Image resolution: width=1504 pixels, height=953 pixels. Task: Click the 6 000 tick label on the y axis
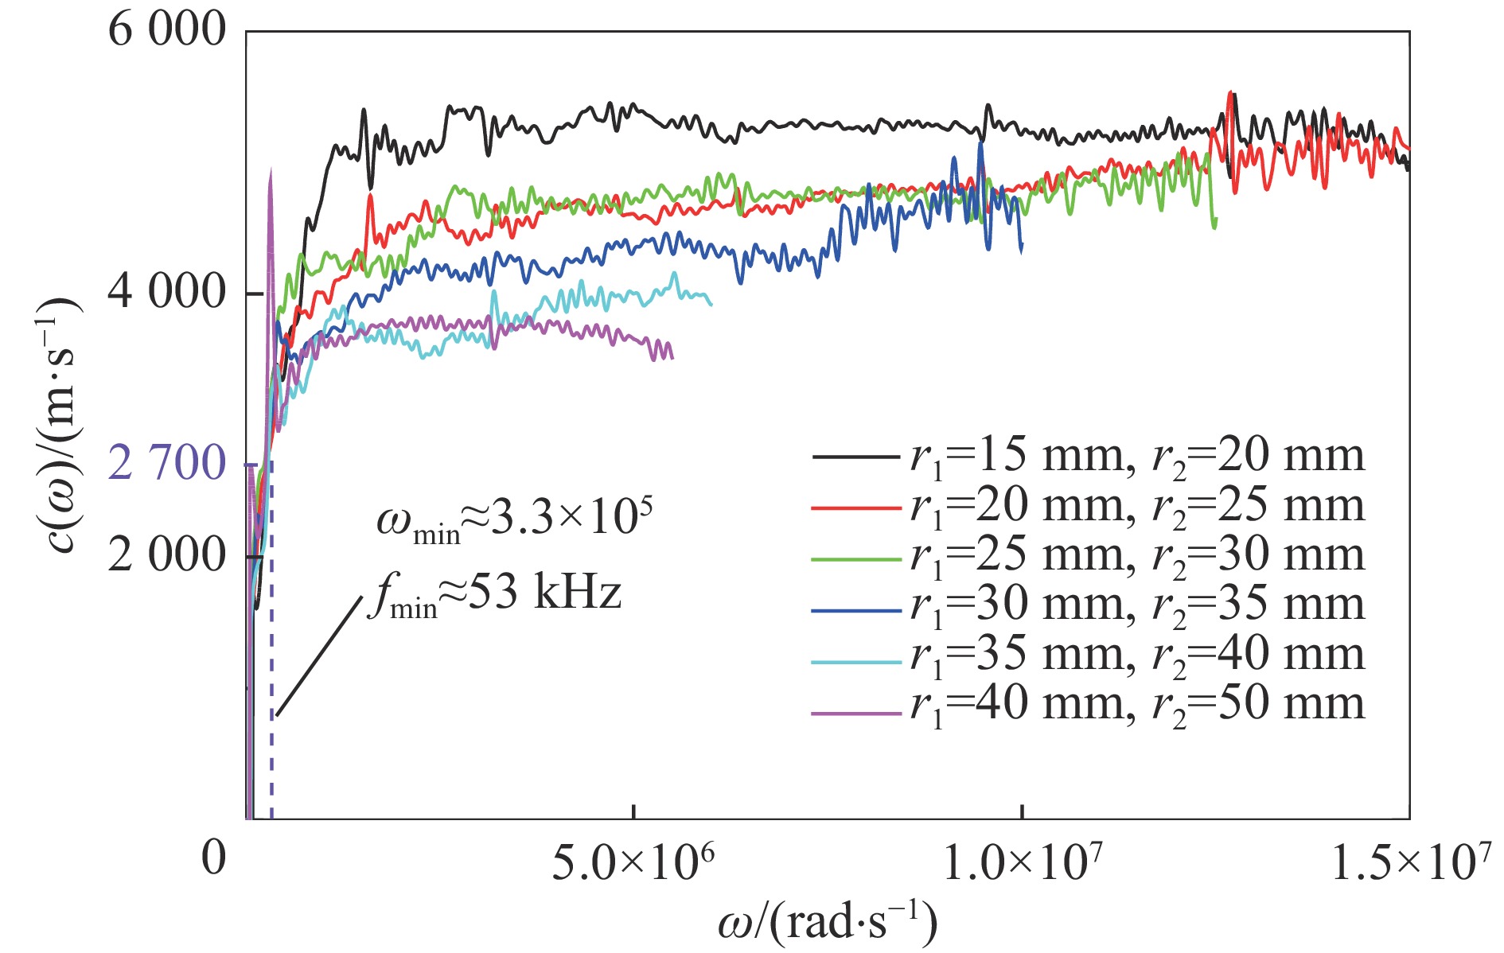pyautogui.click(x=166, y=32)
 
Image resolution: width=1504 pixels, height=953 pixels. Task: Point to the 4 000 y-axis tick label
pyautogui.click(x=166, y=293)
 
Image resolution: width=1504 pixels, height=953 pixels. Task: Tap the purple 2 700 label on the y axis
pyautogui.click(x=167, y=463)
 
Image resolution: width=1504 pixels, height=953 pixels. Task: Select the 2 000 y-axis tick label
pyautogui.click(x=166, y=554)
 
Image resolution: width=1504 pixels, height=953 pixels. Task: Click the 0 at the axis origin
pyautogui.click(x=213, y=858)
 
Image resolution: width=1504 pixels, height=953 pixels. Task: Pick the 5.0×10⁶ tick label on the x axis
pyautogui.click(x=633, y=863)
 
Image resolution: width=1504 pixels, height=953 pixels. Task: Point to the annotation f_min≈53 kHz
pyautogui.click(x=493, y=594)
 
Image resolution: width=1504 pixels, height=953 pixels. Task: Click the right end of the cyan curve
pyautogui.click(x=711, y=304)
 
